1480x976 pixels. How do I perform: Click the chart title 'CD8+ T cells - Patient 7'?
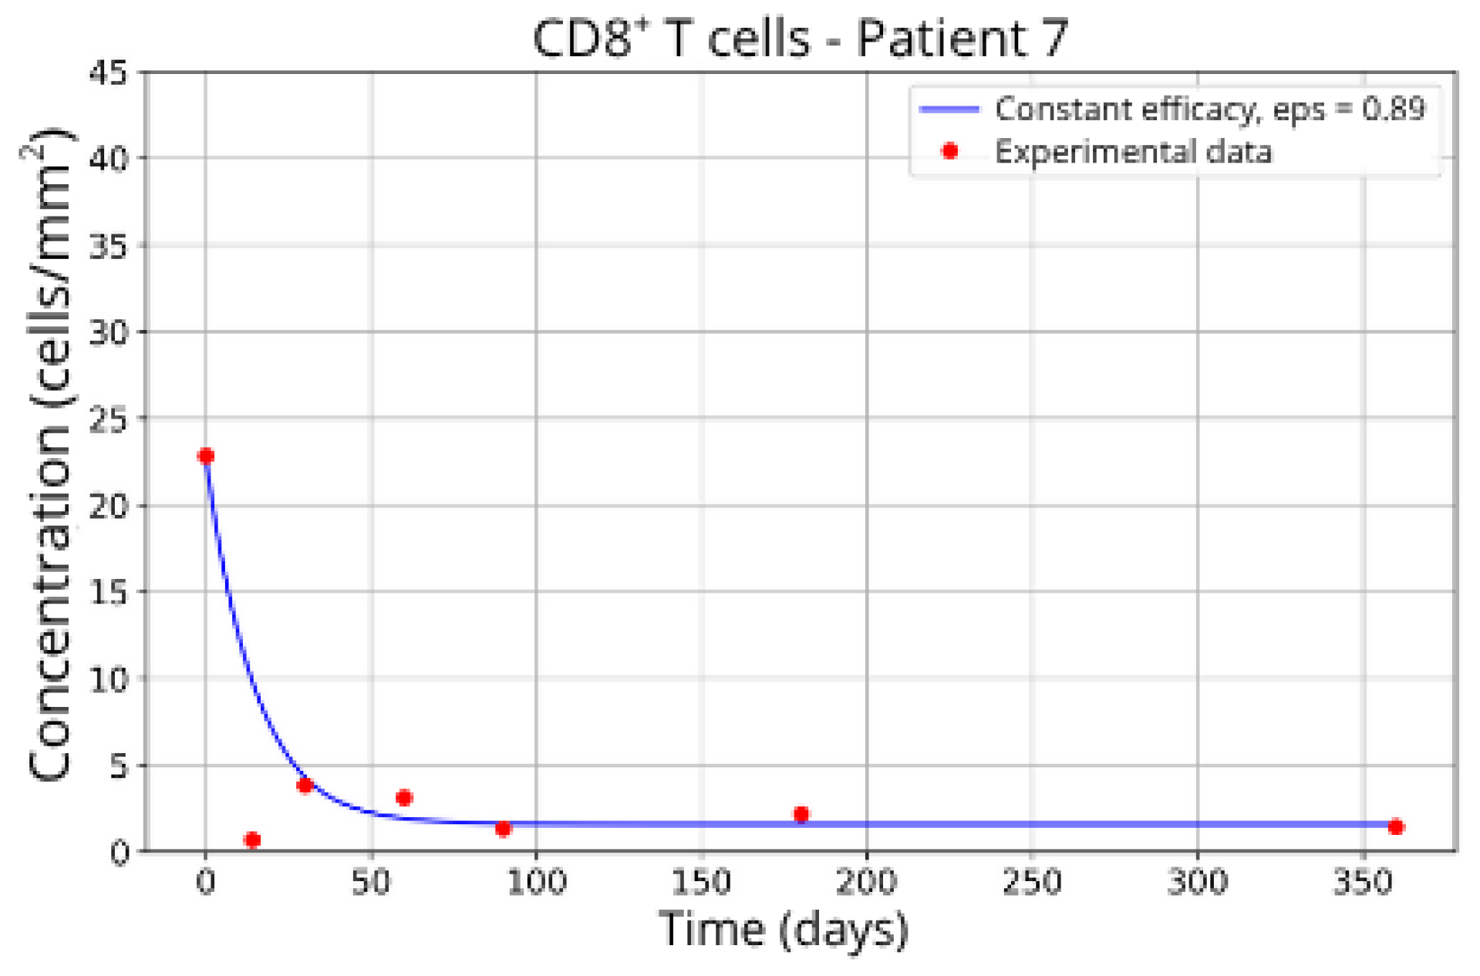[800, 39]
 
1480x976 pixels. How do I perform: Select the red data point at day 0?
[205, 456]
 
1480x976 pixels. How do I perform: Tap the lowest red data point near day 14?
[252, 840]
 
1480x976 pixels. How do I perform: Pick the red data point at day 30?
[305, 785]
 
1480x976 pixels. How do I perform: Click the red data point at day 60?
[404, 797]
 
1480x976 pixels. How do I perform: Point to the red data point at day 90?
[503, 829]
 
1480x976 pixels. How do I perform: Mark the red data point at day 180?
[801, 814]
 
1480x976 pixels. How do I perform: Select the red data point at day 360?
[1395, 826]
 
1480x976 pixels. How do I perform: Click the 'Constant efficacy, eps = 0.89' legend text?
[1209, 109]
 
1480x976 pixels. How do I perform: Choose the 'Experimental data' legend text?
[1132, 151]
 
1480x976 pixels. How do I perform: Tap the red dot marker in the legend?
[950, 151]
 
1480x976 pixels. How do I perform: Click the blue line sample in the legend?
[949, 109]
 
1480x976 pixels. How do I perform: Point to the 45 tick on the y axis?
[108, 74]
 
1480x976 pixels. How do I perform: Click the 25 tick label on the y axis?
[108, 419]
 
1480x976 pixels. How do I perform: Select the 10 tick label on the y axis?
[108, 679]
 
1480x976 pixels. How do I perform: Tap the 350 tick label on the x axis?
[1362, 881]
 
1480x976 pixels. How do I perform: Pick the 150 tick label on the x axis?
[701, 881]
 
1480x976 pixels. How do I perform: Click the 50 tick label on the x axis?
[371, 881]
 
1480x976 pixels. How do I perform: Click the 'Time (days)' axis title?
[784, 929]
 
